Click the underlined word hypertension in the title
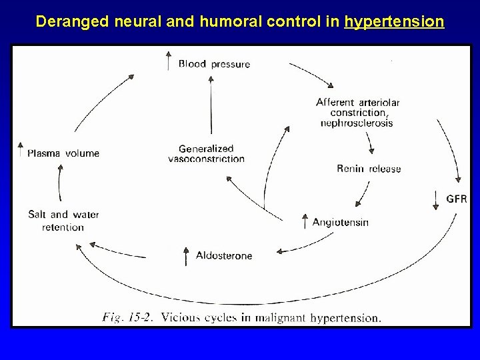pos(394,22)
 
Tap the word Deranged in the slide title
pos(67,22)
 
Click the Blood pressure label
pos(214,64)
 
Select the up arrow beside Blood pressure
pos(168,60)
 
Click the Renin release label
pos(369,169)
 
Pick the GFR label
pos(457,199)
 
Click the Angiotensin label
pos(340,222)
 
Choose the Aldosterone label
pos(224,255)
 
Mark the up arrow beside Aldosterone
pos(185,254)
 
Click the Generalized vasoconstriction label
pos(207,153)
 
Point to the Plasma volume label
pos(63,153)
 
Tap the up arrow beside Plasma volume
pos(21,149)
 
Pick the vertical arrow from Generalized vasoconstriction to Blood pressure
pos(211,107)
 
